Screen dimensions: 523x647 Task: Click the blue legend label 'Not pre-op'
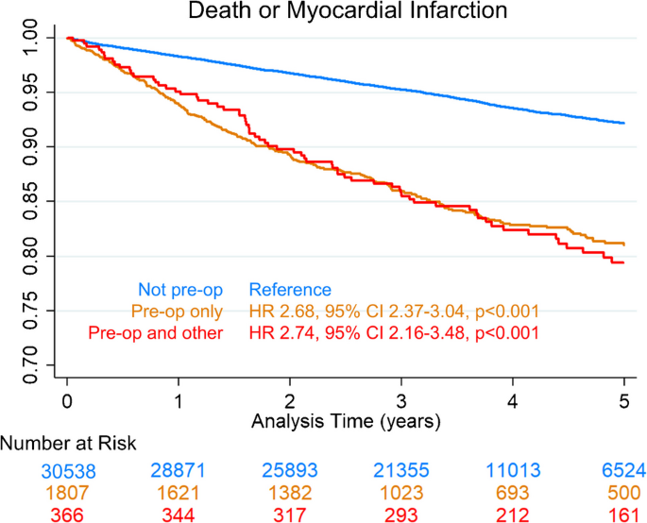(x=180, y=290)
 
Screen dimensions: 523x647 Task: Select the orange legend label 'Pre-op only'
(x=172, y=312)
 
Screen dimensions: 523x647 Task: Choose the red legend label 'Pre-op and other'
(x=156, y=332)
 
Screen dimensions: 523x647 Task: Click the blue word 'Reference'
(x=289, y=290)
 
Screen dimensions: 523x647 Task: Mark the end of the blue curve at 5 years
(x=624, y=124)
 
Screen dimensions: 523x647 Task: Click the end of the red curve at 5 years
(x=624, y=262)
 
